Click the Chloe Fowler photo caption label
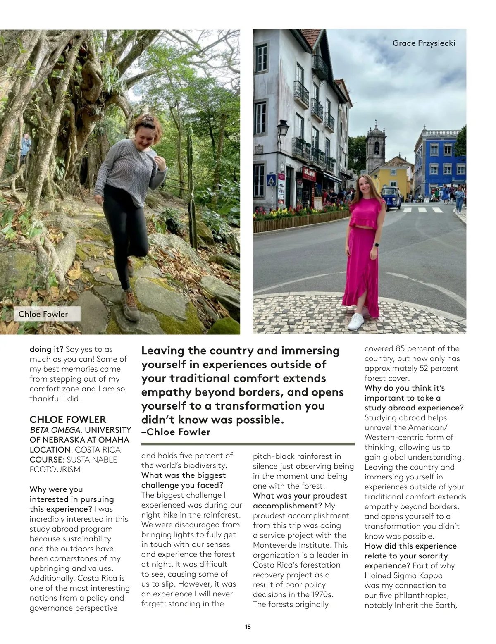pos(43,314)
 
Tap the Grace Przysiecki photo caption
pos(424,43)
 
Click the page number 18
pos(248,627)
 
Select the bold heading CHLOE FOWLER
pos(68,420)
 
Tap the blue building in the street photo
pos(438,161)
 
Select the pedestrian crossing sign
pos(271,180)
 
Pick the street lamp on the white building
pos(283,128)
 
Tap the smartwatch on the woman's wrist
pos(376,245)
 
